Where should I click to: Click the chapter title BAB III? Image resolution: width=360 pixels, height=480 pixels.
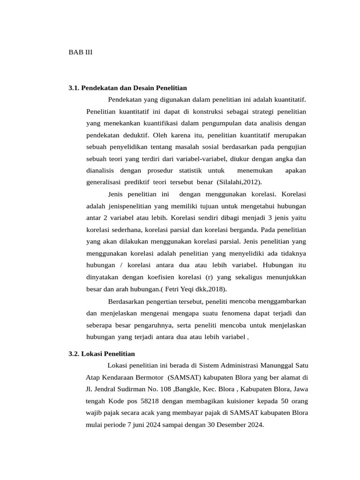point(80,52)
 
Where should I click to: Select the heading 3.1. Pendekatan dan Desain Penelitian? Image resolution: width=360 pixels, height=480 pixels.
point(127,88)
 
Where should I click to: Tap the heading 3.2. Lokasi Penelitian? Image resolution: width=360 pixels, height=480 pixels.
point(101,353)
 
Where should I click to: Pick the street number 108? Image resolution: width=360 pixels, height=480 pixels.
point(165,389)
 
